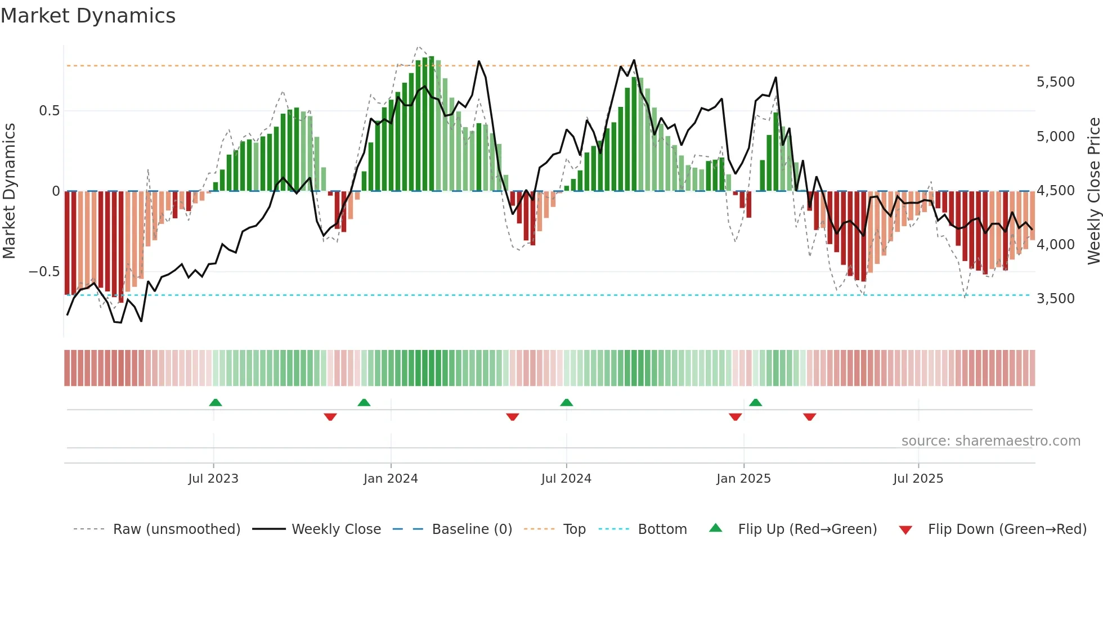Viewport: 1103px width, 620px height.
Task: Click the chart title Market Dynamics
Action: (x=88, y=16)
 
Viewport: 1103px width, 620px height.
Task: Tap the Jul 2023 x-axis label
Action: (x=213, y=479)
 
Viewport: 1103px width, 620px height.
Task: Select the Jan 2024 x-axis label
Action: (x=391, y=479)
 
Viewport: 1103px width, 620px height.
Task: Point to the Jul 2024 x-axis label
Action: (x=566, y=479)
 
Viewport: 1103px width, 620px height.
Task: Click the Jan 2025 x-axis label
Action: (x=743, y=479)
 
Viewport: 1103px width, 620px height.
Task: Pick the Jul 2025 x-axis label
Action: (x=918, y=479)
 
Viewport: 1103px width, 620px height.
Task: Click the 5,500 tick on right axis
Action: (x=1055, y=82)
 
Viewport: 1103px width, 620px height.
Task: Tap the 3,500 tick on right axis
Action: (x=1055, y=299)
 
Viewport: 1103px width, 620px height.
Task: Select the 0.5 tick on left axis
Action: (x=50, y=111)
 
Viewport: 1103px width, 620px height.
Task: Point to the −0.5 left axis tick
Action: (x=44, y=272)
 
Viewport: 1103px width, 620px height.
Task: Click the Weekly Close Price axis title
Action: (x=1093, y=191)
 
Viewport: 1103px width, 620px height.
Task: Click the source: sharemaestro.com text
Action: (x=990, y=441)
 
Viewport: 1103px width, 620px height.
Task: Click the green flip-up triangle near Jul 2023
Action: (x=216, y=402)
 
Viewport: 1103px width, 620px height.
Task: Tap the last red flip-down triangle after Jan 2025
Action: (x=809, y=417)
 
